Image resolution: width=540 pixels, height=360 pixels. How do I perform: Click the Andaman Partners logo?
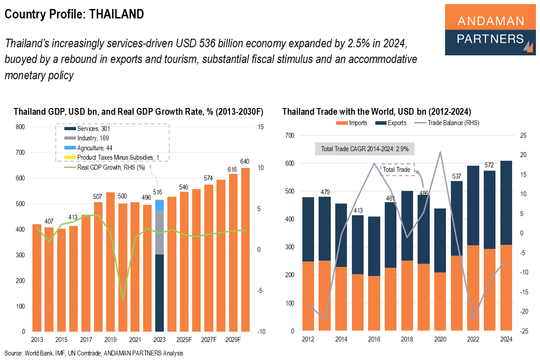490,30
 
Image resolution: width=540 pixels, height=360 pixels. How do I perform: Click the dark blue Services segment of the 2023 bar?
159,292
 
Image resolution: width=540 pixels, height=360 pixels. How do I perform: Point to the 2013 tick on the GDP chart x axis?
37,338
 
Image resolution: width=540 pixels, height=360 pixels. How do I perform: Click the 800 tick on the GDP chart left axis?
20,127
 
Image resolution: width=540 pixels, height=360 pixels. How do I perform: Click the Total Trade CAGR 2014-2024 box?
364,149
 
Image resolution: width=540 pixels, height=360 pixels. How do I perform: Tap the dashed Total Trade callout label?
396,170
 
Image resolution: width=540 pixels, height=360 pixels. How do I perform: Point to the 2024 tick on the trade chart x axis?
506,338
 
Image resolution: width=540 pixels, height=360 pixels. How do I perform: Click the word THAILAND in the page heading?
117,14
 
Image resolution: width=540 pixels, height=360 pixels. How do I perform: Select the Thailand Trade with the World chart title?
376,112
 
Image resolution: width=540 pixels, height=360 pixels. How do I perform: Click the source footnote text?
94,353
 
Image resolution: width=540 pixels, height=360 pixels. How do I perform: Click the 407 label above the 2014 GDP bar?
49,221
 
